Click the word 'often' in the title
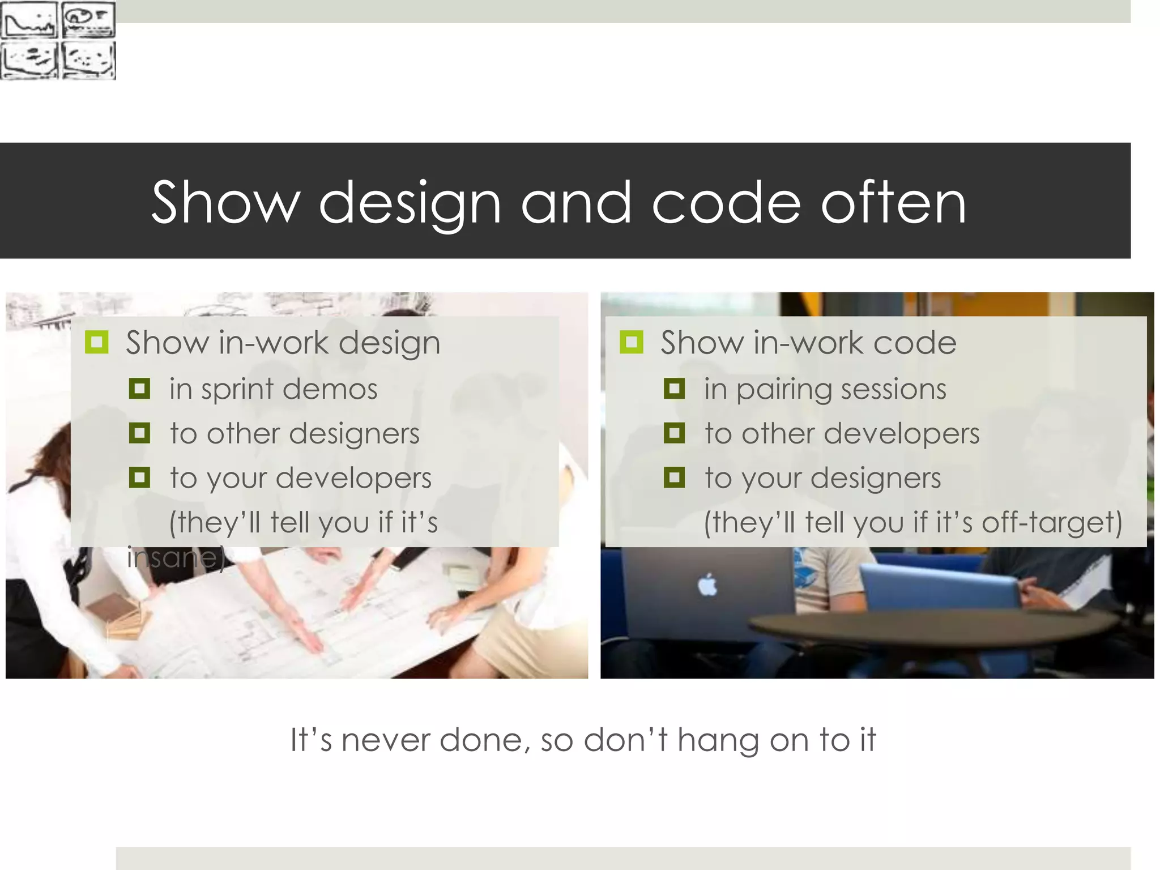tap(894, 203)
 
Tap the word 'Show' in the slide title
tap(225, 203)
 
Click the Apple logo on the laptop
tap(707, 585)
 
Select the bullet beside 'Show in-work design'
tap(96, 342)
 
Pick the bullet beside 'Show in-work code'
tap(631, 342)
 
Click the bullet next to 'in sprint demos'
tap(139, 389)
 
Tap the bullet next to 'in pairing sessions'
tap(674, 389)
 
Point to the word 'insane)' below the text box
tap(176, 557)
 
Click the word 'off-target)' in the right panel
tap(1052, 522)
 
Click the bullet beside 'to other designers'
tap(139, 433)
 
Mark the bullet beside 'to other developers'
tap(674, 433)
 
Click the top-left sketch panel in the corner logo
tap(29, 20)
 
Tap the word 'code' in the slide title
tap(727, 203)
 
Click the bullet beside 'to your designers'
tap(674, 477)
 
